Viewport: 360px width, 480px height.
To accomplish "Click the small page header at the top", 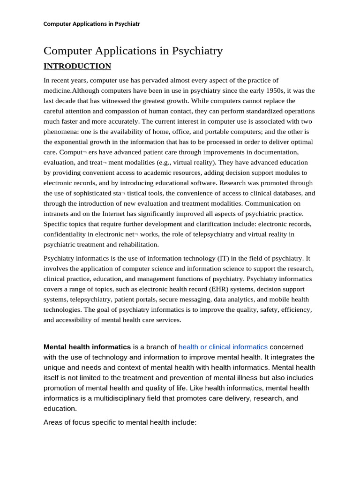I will coord(91,24).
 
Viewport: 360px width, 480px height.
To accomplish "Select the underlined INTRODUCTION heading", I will coord(77,66).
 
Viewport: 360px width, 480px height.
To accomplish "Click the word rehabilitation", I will coord(138,245).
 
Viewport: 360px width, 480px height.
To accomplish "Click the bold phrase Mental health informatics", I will coord(87,347).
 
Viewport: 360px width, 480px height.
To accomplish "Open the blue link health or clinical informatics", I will coord(223,347).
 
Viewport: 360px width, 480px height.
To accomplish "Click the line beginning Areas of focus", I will coord(120,422).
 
